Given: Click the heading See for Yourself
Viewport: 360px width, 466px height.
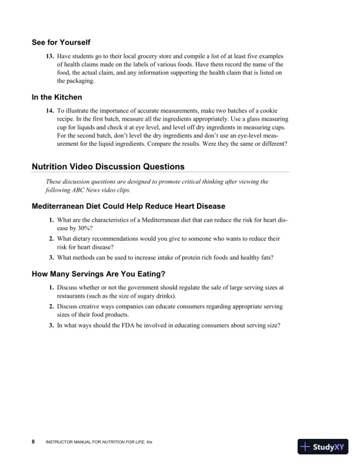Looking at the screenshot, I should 61,42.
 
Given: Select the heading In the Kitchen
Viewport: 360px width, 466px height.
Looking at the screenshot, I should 56,97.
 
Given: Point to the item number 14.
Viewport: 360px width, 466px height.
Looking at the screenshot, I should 50,110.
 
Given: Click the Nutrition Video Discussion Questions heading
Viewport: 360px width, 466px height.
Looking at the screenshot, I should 108,167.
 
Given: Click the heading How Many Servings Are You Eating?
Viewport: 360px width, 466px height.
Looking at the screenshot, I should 99,274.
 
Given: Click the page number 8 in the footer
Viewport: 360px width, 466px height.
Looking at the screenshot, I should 34,441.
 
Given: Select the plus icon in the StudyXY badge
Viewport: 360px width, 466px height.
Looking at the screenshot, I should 306,447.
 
